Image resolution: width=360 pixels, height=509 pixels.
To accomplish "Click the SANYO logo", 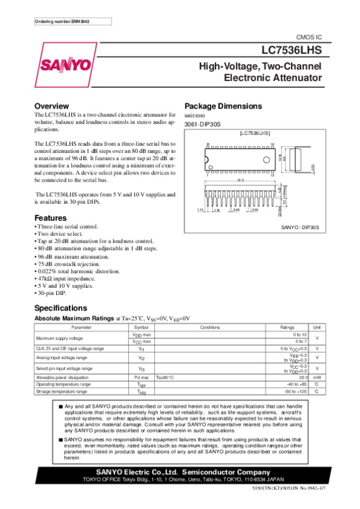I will [x=67, y=64].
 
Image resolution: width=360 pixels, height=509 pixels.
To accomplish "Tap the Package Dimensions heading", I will [x=223, y=106].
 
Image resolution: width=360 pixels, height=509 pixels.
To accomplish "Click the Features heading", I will [x=51, y=218].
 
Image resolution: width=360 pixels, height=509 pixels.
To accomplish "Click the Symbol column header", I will [x=141, y=327].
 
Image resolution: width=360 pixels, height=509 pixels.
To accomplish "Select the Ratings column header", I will [x=287, y=327].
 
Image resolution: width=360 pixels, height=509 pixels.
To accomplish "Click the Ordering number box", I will [x=65, y=22].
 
